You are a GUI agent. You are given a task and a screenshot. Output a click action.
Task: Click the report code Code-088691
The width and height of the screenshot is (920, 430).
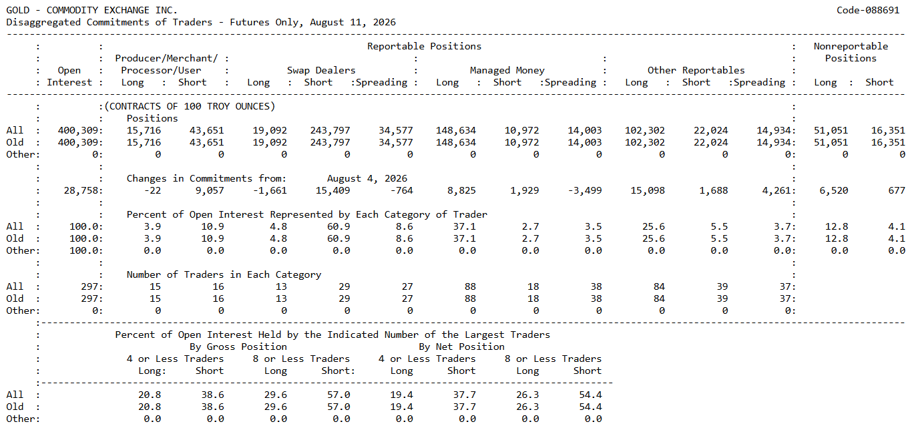point(868,10)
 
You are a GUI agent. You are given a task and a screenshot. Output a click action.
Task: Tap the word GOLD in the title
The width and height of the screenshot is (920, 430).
point(17,10)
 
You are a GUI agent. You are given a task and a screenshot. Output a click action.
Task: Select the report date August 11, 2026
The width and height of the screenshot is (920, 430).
point(353,22)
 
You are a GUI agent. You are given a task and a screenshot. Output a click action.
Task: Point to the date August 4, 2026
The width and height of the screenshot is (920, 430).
point(367,179)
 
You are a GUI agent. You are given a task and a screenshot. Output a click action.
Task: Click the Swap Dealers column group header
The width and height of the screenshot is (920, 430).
point(321,70)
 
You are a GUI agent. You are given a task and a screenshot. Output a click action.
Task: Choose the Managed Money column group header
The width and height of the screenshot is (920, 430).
point(507,71)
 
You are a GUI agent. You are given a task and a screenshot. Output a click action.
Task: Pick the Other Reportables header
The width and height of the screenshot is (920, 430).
point(696,71)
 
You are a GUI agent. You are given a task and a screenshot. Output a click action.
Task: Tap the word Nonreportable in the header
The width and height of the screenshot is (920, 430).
point(851,47)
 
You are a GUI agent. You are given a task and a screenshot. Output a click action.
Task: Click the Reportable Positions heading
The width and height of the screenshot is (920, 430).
point(424,47)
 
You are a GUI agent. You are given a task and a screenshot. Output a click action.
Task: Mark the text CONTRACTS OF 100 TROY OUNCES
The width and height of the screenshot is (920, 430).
point(190,106)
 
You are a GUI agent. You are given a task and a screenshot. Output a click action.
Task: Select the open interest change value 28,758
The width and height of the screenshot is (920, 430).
point(81,190)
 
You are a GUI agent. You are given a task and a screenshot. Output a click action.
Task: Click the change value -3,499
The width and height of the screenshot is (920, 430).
point(584,190)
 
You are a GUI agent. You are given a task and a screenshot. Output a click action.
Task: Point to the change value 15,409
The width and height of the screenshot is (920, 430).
point(332,190)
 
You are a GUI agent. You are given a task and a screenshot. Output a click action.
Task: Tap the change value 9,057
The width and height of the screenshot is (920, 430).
point(210,190)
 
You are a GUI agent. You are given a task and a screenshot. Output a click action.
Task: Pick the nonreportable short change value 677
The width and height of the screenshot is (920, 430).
point(897,190)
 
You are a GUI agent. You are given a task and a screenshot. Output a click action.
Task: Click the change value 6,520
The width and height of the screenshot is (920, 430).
point(834,190)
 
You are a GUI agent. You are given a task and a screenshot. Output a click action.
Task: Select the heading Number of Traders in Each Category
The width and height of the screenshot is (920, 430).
point(224,274)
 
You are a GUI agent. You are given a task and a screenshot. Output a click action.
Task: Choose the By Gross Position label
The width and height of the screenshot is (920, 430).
point(238,347)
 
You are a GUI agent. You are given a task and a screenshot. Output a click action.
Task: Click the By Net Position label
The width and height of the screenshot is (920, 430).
point(461,347)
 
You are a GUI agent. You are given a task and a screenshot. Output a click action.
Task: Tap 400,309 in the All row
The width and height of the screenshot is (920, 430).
point(78,131)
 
